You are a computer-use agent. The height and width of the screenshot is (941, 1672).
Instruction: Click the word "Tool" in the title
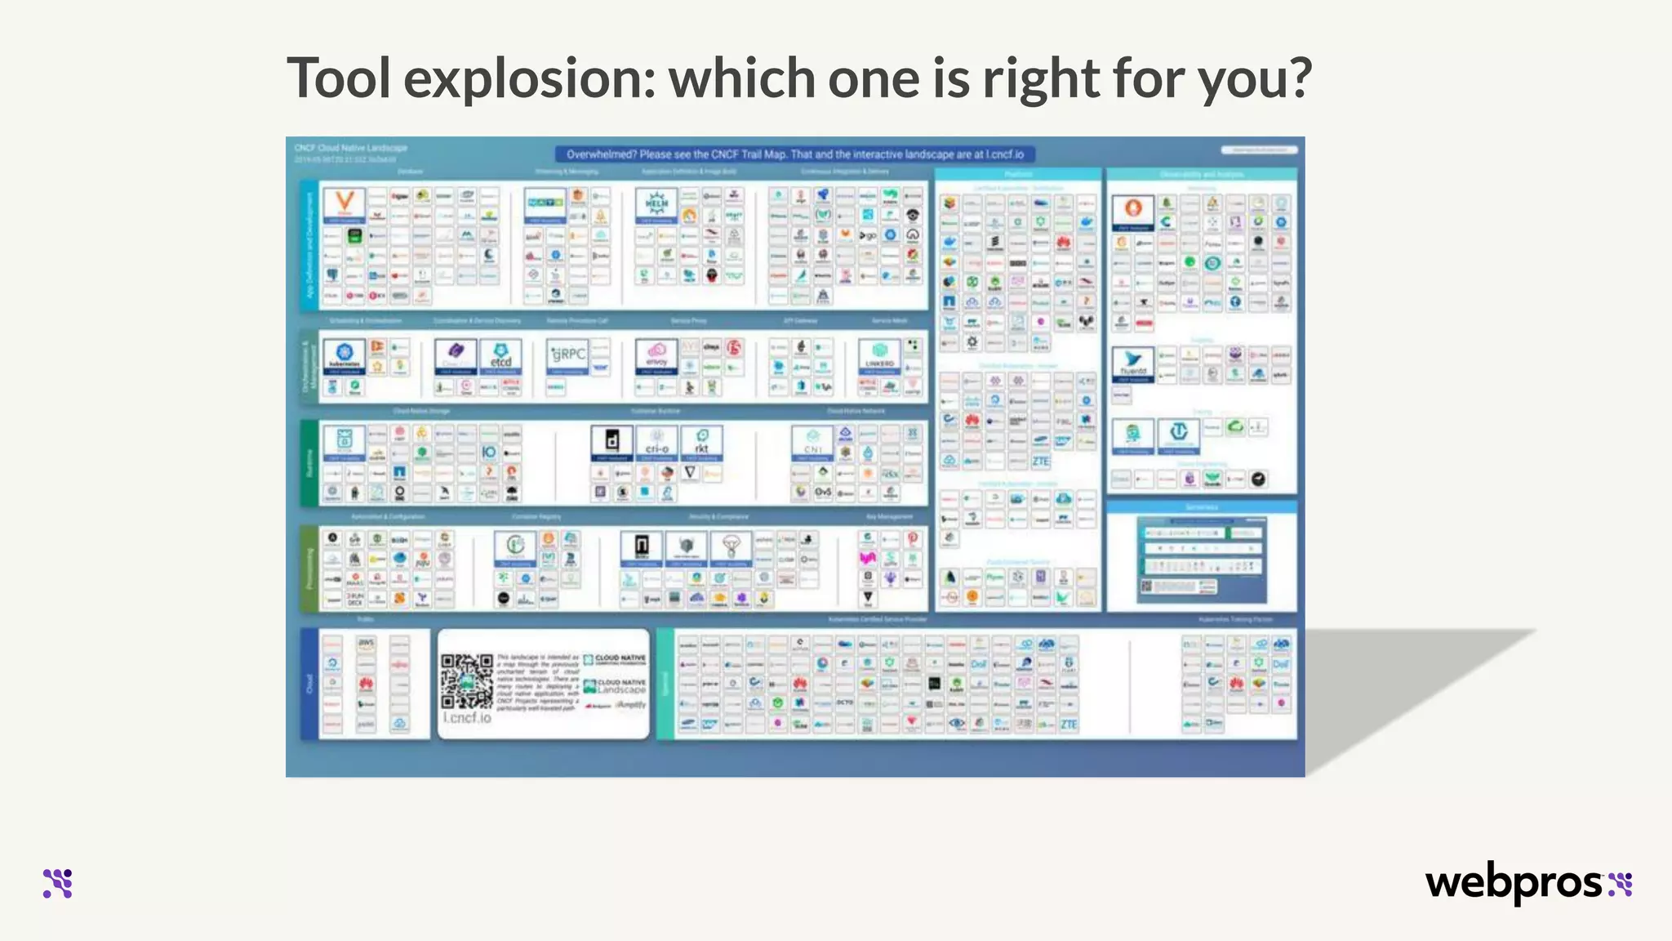point(338,78)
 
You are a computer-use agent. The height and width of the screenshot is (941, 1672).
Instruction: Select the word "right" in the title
point(1040,78)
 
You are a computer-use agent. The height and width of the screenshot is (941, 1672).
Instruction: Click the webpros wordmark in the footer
point(1515,883)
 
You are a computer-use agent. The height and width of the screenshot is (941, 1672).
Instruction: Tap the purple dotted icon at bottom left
point(58,883)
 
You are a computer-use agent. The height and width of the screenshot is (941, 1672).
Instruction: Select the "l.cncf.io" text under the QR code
point(467,717)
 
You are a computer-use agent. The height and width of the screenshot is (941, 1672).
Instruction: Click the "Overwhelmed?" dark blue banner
point(794,154)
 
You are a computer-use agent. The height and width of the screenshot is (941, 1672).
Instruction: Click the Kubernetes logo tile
point(344,356)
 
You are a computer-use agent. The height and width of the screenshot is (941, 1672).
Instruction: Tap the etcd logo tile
point(500,356)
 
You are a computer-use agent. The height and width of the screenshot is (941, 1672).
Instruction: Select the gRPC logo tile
point(567,356)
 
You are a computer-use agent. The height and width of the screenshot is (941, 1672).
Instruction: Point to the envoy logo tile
point(656,356)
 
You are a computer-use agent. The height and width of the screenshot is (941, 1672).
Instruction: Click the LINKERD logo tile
point(879,356)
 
